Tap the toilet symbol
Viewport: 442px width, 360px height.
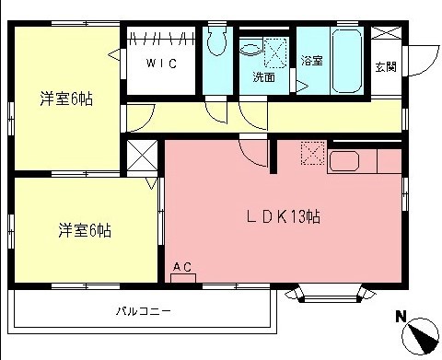tap(218, 42)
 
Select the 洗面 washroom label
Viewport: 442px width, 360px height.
tap(264, 77)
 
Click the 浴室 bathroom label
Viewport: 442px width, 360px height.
tap(311, 61)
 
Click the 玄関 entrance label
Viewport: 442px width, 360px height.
tap(386, 66)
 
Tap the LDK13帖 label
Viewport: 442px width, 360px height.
tap(282, 217)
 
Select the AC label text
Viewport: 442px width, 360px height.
tap(182, 267)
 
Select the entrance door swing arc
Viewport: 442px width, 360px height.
tap(421, 61)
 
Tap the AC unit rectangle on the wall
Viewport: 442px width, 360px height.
tap(183, 277)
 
